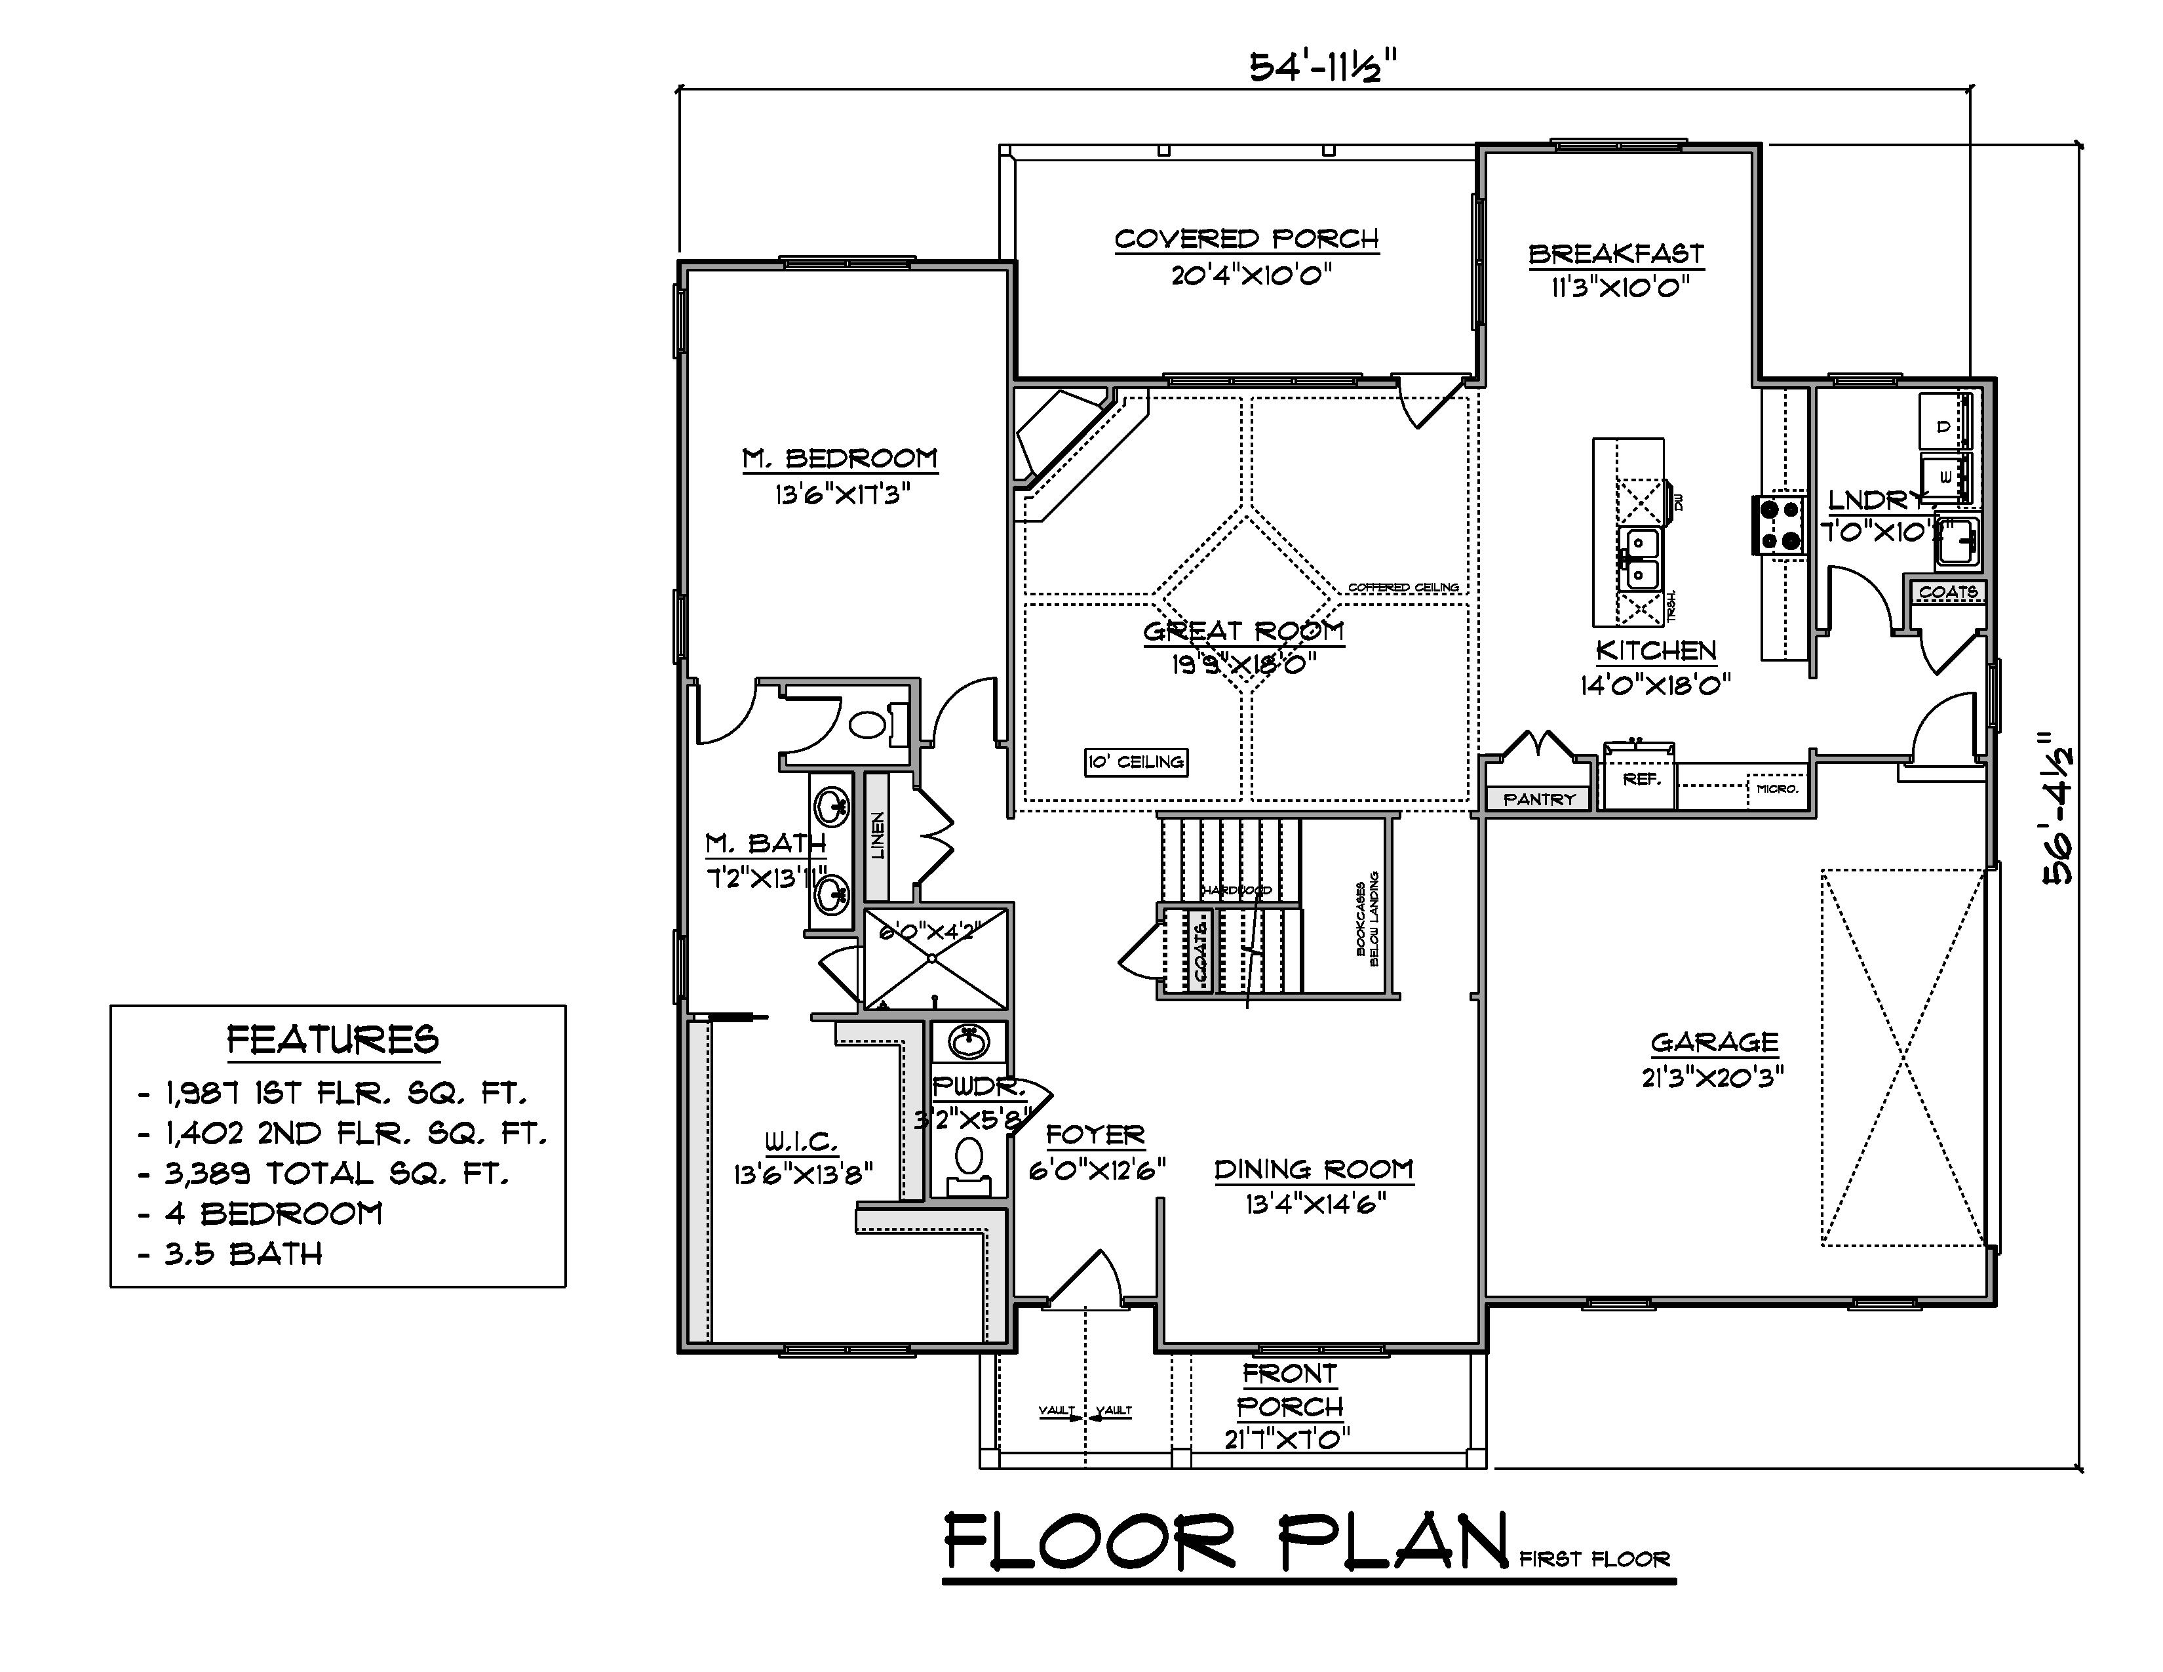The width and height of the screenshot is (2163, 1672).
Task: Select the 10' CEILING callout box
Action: click(1135, 762)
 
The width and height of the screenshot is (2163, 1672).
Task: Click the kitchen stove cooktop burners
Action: click(1780, 524)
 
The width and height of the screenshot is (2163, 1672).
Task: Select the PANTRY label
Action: click(1538, 799)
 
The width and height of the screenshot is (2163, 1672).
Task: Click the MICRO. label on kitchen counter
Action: click(1777, 788)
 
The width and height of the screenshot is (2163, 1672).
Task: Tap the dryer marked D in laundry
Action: click(1943, 426)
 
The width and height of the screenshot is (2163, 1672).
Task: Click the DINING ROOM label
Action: click(1314, 1170)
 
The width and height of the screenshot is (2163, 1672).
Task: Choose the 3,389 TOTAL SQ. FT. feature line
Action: click(337, 1174)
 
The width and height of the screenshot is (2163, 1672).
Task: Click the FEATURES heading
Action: click(333, 1040)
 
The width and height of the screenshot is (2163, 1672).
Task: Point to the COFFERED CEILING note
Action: click(1403, 587)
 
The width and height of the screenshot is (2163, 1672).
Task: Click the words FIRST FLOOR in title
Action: click(1595, 1560)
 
